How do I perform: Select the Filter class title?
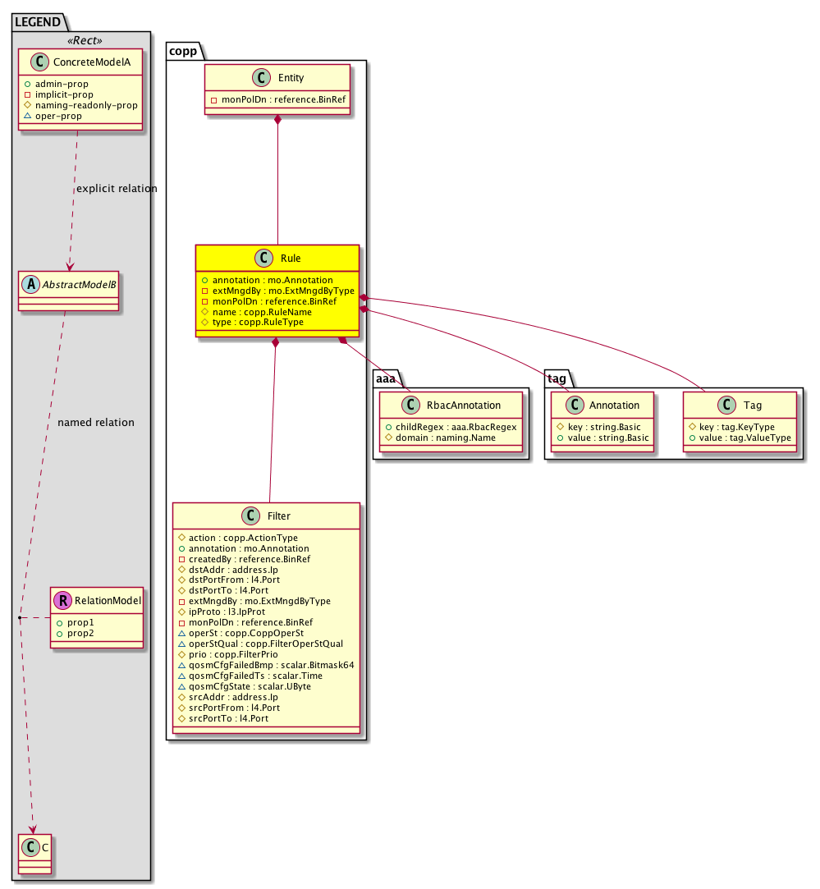278,516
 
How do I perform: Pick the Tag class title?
752,405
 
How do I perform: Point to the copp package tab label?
183,50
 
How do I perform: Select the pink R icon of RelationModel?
62,600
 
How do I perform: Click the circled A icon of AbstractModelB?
30,283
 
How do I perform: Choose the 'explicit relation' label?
116,189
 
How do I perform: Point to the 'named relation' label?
96,423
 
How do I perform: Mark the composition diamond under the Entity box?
278,121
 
